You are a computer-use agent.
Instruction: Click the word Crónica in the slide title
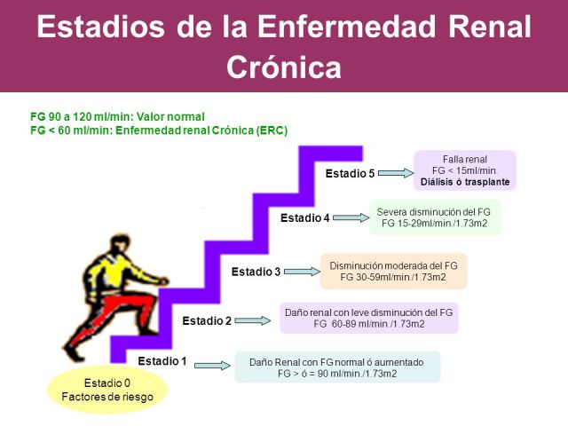tap(283, 66)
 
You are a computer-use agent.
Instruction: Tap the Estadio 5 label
tap(350, 173)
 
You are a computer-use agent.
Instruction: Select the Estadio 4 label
tap(305, 217)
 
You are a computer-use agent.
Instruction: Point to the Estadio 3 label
tap(256, 271)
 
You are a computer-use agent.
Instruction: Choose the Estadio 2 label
tap(208, 320)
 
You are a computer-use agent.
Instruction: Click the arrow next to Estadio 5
tap(393, 173)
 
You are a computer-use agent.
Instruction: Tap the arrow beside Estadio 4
tap(349, 217)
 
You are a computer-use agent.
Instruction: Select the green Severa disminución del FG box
tap(435, 218)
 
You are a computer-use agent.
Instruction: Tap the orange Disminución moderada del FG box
tap(393, 272)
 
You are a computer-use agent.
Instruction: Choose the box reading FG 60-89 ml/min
tap(368, 318)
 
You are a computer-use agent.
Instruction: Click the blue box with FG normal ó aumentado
tap(336, 367)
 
